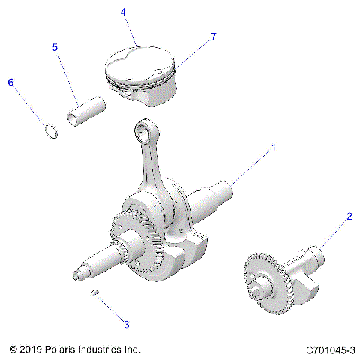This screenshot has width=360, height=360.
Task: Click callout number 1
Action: [x=274, y=148]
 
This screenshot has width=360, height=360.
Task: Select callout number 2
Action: [x=348, y=217]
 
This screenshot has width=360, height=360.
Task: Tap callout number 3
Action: [x=127, y=324]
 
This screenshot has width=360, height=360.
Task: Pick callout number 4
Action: [x=123, y=12]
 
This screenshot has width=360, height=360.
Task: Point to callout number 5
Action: [x=55, y=47]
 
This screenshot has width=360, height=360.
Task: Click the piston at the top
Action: [x=143, y=73]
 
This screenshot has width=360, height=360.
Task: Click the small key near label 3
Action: [x=95, y=292]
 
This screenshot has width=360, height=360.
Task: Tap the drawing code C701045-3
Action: [x=330, y=349]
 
